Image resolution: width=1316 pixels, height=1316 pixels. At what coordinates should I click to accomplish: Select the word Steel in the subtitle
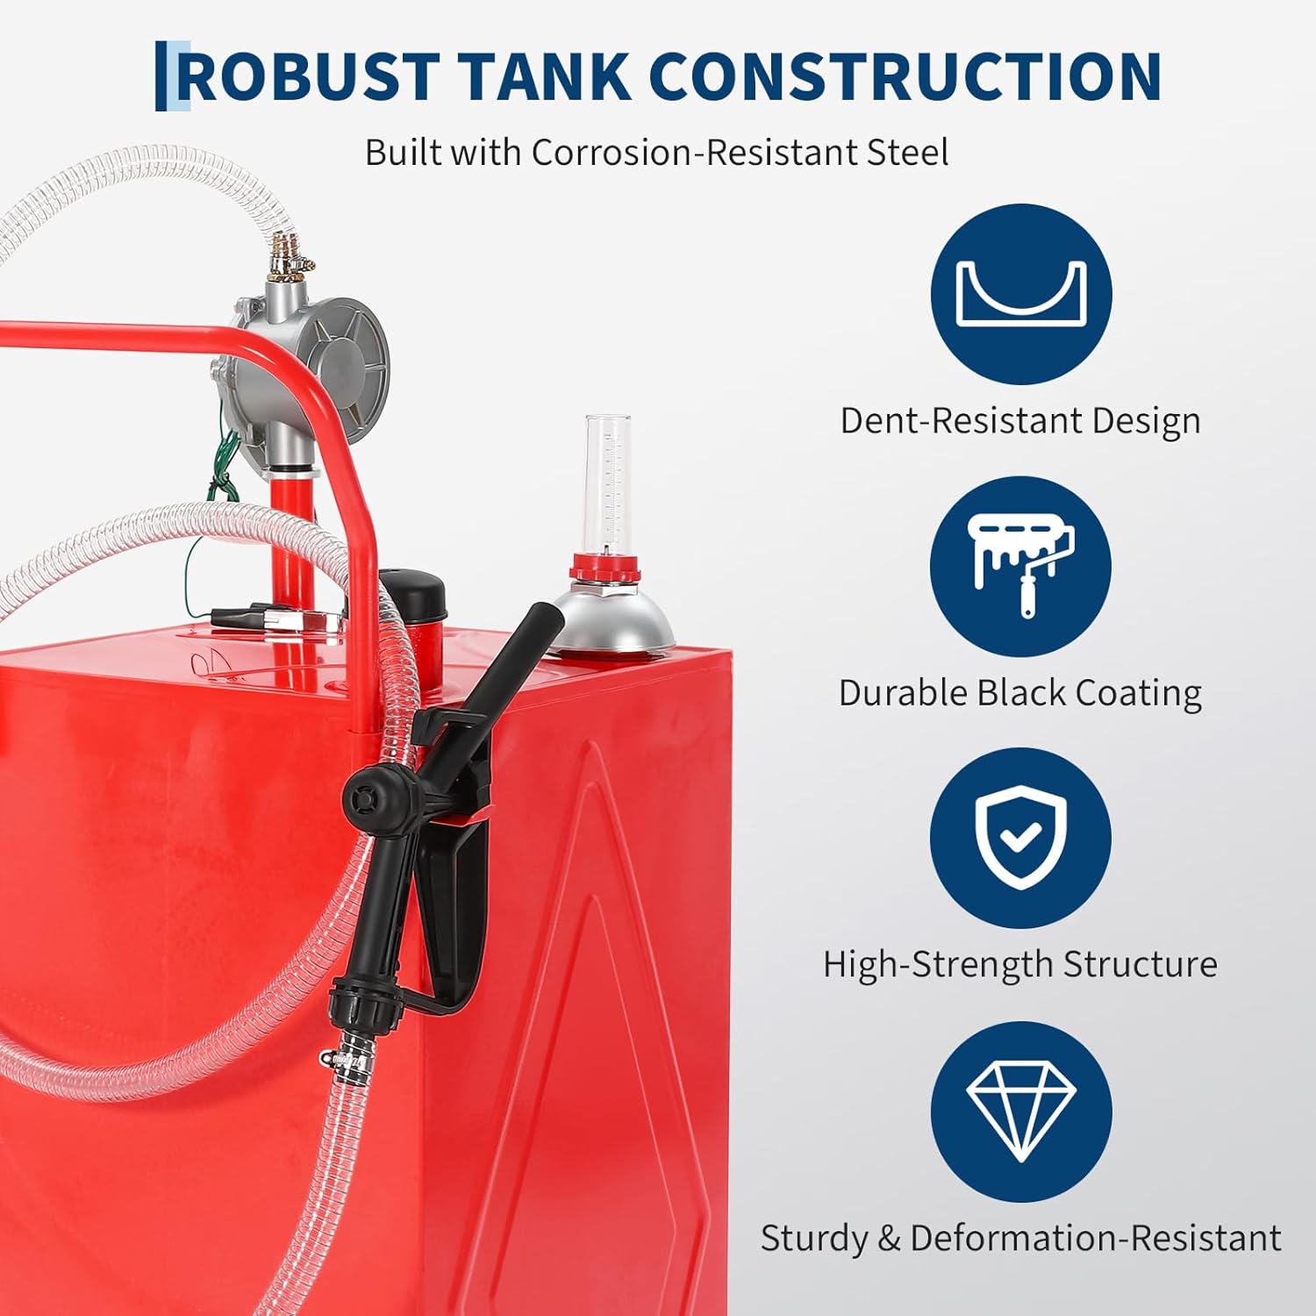pyautogui.click(x=907, y=152)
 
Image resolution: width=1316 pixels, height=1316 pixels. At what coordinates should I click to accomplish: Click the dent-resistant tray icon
pyautogui.click(x=1020, y=294)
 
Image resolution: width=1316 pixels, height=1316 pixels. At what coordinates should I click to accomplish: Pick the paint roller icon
pyautogui.click(x=1020, y=566)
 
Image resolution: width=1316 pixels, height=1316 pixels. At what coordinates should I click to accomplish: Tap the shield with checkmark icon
pyautogui.click(x=1020, y=838)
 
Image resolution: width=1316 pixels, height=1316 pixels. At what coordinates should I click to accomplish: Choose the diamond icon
pyautogui.click(x=1020, y=1111)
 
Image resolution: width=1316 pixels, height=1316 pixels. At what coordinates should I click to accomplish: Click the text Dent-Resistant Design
pyautogui.click(x=1020, y=420)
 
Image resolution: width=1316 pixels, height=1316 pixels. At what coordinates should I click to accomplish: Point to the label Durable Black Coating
pyautogui.click(x=1020, y=692)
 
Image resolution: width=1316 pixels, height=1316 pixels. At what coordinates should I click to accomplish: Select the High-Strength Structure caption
pyautogui.click(x=1020, y=964)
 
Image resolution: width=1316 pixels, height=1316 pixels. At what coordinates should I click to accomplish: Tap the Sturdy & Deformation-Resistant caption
pyautogui.click(x=1020, y=1238)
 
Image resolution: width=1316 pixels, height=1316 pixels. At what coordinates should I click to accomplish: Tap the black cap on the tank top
pyautogui.click(x=412, y=592)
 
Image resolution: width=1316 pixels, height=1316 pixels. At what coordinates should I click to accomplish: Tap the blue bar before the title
pyautogui.click(x=161, y=76)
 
